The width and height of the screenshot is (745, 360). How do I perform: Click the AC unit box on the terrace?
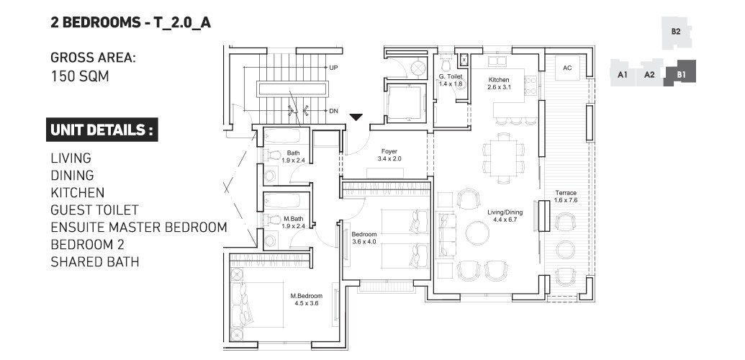tap(567, 68)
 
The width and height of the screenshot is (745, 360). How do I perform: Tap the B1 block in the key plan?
tap(679, 74)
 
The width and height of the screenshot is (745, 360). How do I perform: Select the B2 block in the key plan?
tap(676, 32)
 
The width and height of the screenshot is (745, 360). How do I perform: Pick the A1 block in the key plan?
tap(623, 74)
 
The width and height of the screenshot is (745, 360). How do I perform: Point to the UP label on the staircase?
tap(333, 68)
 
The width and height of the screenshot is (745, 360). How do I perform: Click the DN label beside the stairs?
tap(333, 111)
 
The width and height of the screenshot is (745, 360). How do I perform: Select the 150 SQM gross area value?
tap(79, 75)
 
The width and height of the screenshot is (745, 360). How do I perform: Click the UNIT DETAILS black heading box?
tap(101, 130)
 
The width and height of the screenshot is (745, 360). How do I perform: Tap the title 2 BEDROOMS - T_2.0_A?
tap(130, 22)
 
